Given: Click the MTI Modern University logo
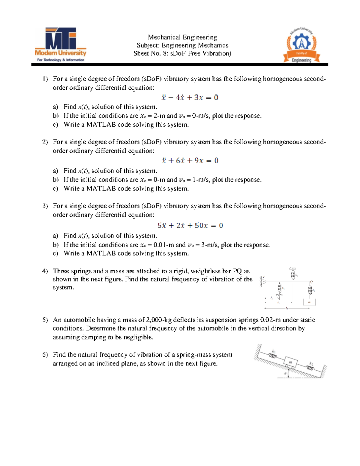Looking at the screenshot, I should (61, 44).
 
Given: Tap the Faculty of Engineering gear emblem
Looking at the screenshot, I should (301, 45).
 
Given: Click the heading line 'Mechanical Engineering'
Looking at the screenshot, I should (182, 37).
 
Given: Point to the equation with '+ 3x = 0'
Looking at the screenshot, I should (190, 98).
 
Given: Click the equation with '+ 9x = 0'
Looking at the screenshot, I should (190, 161).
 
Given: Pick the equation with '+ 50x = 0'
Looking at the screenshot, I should (190, 226).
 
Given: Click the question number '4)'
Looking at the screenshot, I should (45, 271).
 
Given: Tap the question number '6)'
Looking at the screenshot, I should (45, 355).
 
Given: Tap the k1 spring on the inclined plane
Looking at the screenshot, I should (273, 356).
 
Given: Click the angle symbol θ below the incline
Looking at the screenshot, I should (285, 374).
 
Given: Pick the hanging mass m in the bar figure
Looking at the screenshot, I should (309, 302).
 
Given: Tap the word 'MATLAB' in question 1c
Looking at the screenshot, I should (101, 125).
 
